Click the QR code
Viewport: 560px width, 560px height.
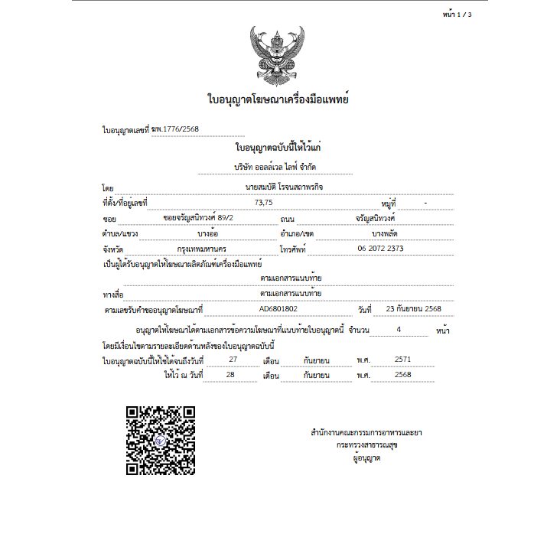(161, 441)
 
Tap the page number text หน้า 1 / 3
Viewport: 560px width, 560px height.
(457, 15)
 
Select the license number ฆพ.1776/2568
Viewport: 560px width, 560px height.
(175, 129)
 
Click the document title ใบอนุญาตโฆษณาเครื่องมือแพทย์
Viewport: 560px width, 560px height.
(278, 99)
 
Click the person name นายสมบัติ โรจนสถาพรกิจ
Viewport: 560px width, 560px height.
(279, 186)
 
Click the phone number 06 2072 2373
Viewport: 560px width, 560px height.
(380, 249)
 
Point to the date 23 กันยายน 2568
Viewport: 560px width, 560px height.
(414, 309)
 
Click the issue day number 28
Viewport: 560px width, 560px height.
(231, 375)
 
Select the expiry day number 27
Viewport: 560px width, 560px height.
(233, 359)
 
